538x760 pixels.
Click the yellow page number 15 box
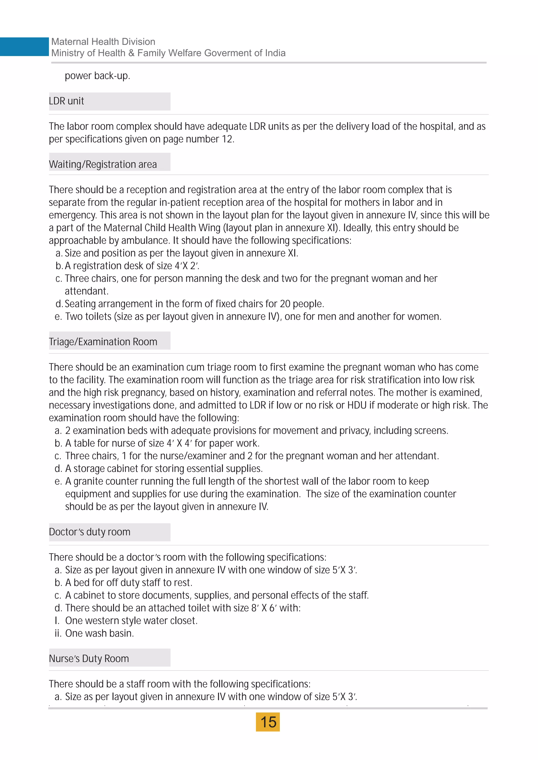(268, 722)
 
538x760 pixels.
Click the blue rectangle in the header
(24, 47)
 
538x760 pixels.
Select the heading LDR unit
(66, 101)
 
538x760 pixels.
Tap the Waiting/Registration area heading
(103, 165)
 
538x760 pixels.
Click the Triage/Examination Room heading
(103, 342)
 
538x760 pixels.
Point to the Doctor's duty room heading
(89, 532)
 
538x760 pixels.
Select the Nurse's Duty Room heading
(89, 658)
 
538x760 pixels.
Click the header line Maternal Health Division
(103, 42)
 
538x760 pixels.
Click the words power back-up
(97, 76)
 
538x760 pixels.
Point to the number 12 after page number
(227, 139)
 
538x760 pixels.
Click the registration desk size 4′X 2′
(187, 266)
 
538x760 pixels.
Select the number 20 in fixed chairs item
(285, 304)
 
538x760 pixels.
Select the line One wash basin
(99, 633)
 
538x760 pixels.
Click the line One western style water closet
(131, 621)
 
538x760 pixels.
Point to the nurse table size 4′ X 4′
(179, 443)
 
